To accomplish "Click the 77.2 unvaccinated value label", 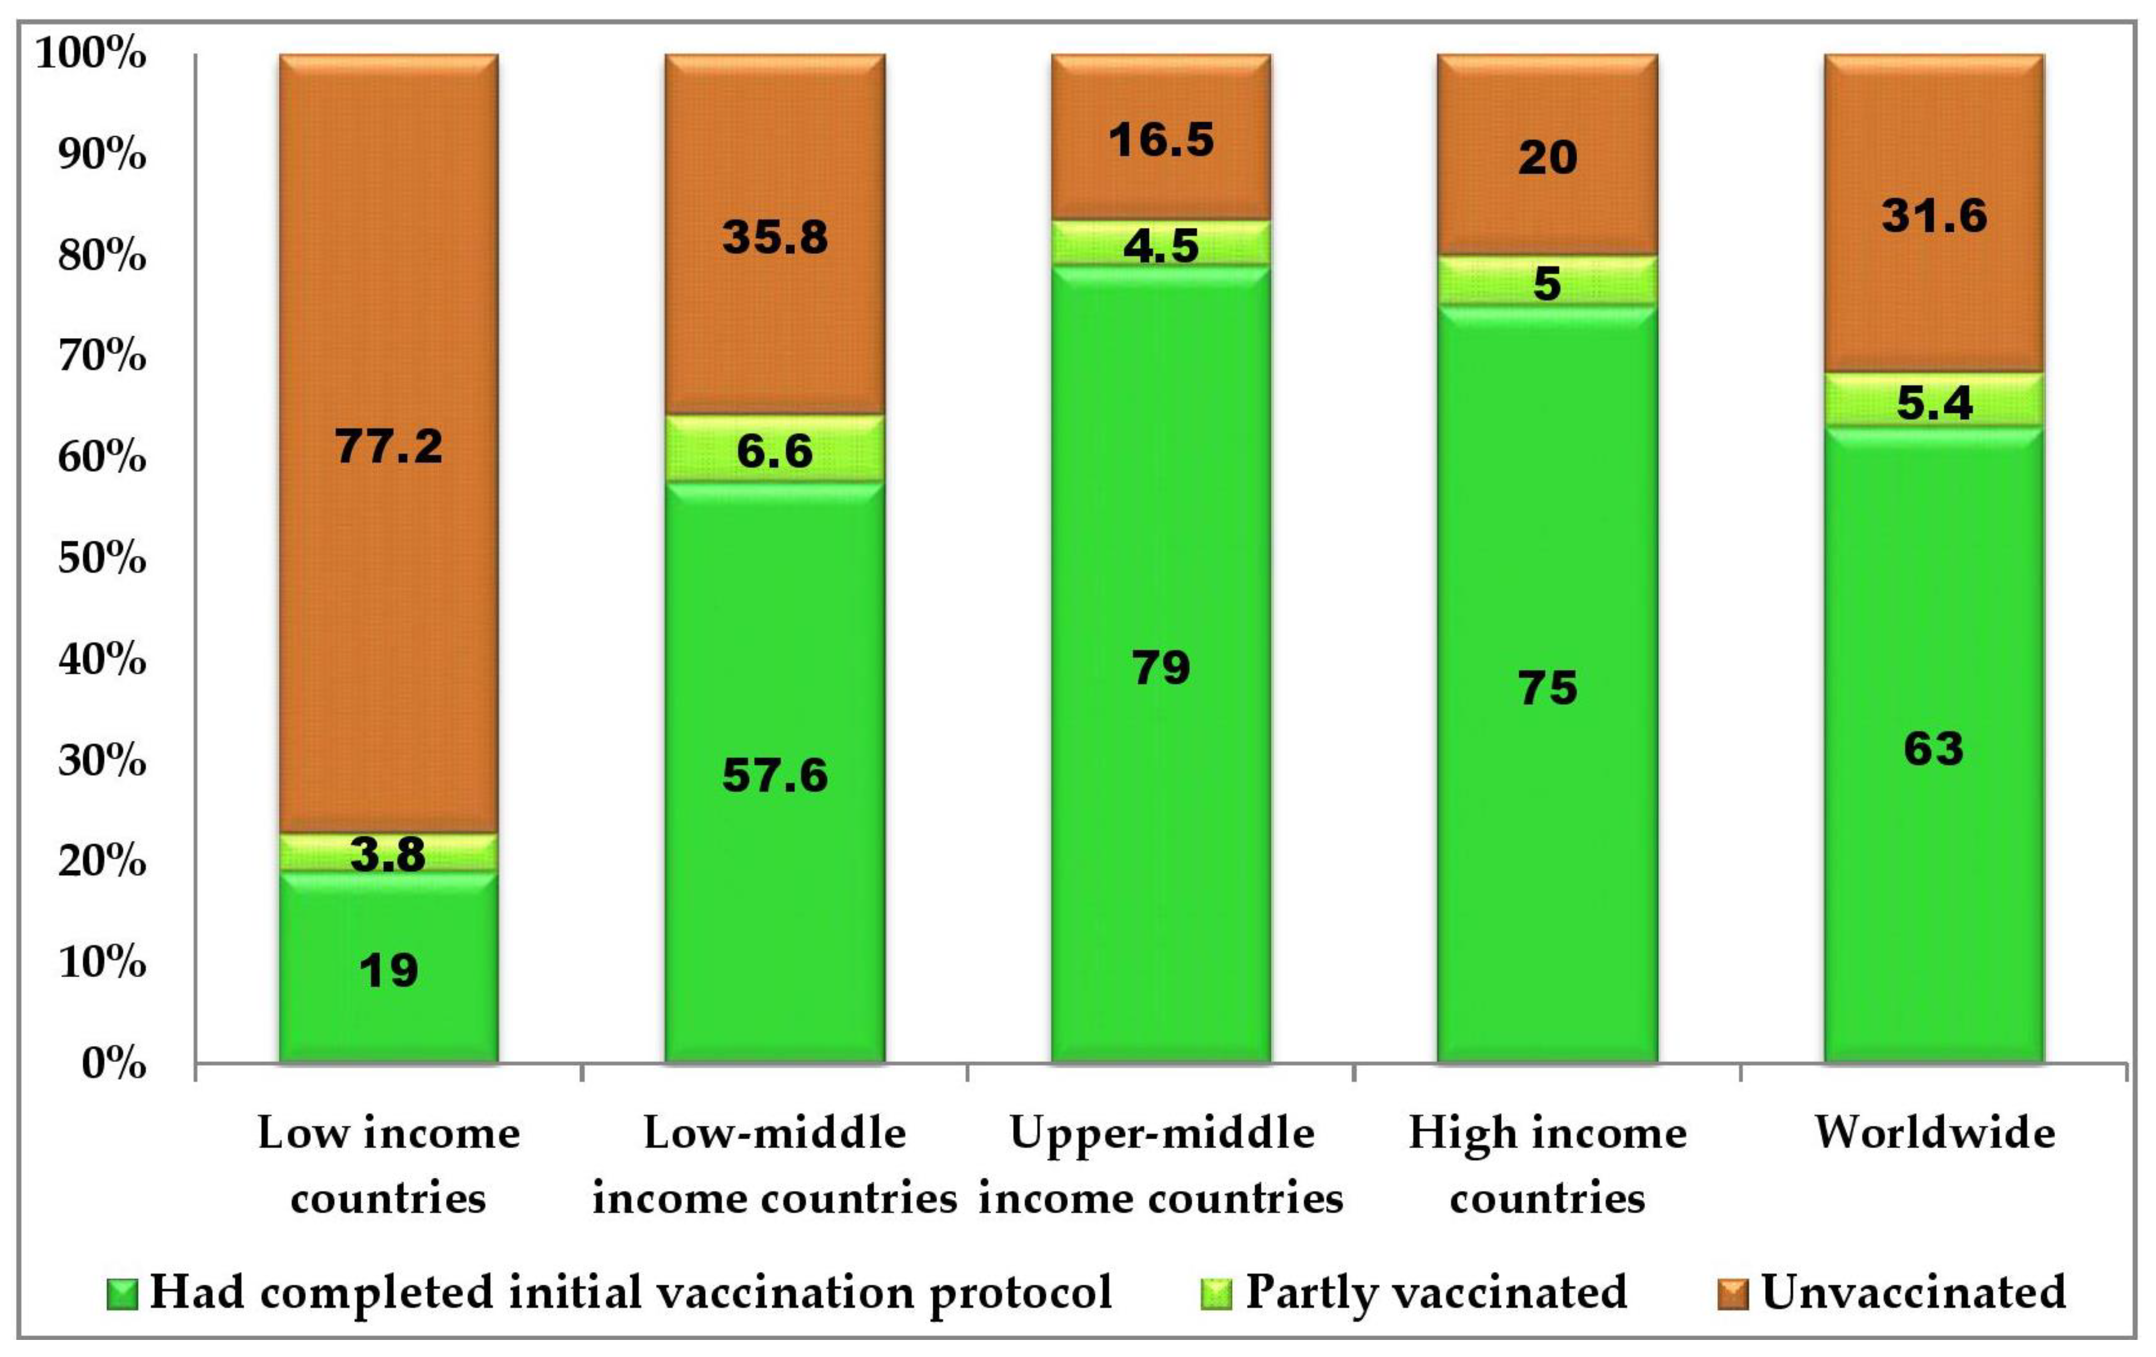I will (x=389, y=445).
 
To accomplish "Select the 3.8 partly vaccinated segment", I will (x=389, y=852).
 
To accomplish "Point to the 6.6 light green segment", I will (x=775, y=449).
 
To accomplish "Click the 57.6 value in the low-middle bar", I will (x=775, y=775).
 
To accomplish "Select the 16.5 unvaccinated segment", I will (x=1162, y=140).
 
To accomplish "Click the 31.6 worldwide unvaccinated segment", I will (x=1934, y=216).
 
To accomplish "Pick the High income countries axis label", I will (x=1547, y=1165).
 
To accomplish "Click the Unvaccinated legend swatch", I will (x=1733, y=1294).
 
